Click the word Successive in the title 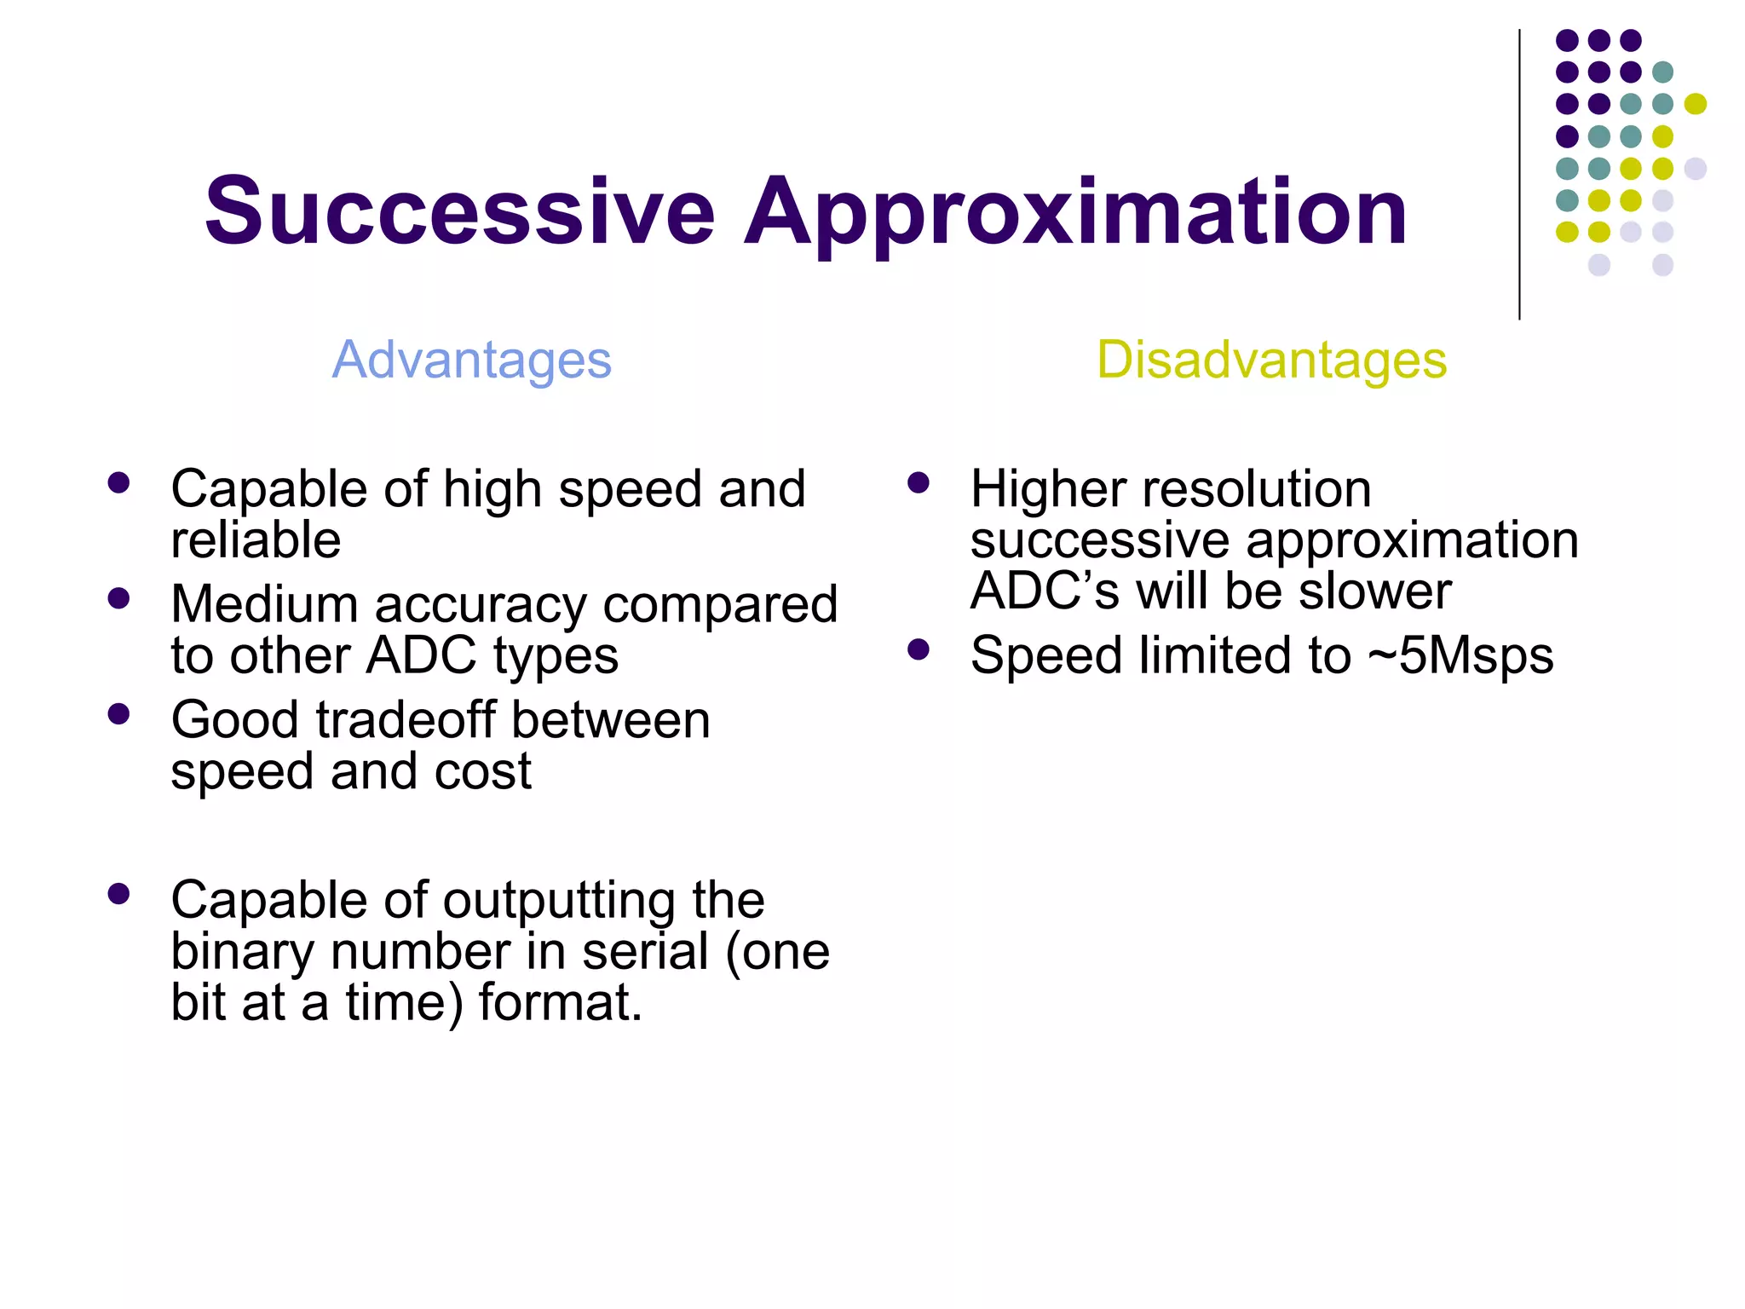pyautogui.click(x=459, y=211)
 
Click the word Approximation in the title pyautogui.click(x=1075, y=213)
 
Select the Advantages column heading pyautogui.click(x=471, y=360)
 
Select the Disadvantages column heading pyautogui.click(x=1271, y=360)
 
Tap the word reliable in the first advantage pyautogui.click(x=256, y=540)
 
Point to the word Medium pyautogui.click(x=264, y=604)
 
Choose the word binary pyautogui.click(x=242, y=952)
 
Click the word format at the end pyautogui.click(x=559, y=1002)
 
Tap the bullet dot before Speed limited pyautogui.click(x=919, y=650)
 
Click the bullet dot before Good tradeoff pyautogui.click(x=119, y=714)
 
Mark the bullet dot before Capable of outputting pyautogui.click(x=119, y=894)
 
